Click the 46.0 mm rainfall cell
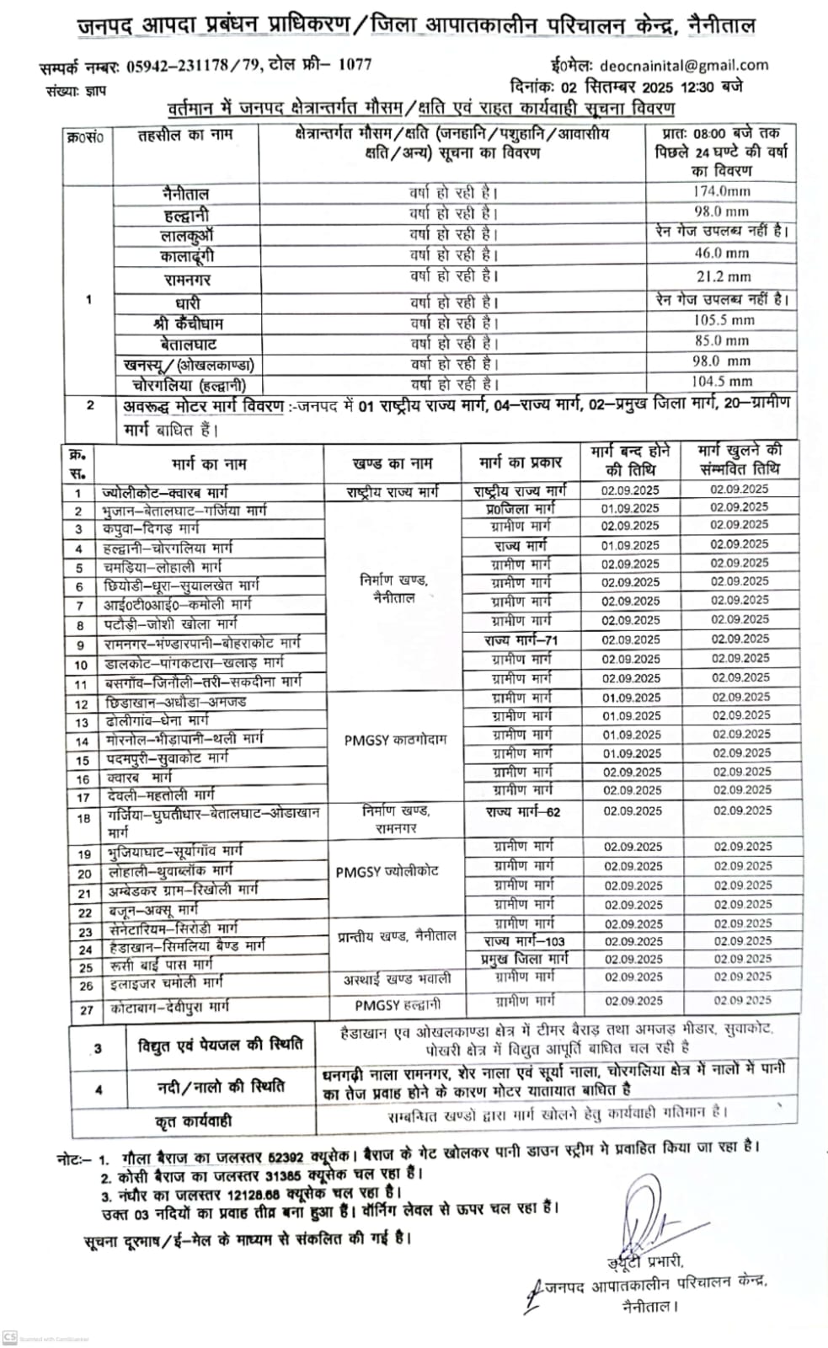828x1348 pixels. pyautogui.click(x=721, y=253)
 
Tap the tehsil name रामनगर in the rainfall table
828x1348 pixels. pyautogui.click(x=187, y=279)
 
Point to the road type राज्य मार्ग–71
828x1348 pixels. pyautogui.click(x=521, y=640)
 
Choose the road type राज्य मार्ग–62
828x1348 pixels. pyautogui.click(x=522, y=812)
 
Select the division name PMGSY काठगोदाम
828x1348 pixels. pyautogui.click(x=395, y=740)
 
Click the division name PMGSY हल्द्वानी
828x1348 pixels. pyautogui.click(x=398, y=1004)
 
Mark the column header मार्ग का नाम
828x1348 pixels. pyautogui.click(x=209, y=463)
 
